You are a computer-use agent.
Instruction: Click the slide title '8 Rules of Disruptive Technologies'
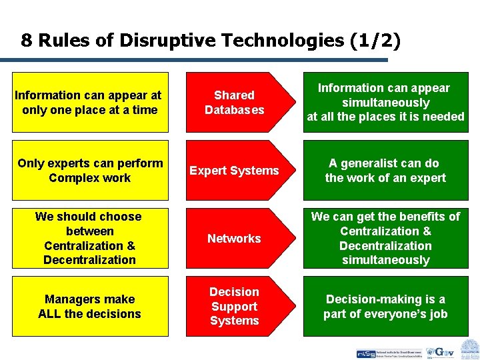tap(211, 41)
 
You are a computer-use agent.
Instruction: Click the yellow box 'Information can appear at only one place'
tap(90, 102)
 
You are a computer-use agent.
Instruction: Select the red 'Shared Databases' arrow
tap(235, 102)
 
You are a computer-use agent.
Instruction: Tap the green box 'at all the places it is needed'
tap(385, 102)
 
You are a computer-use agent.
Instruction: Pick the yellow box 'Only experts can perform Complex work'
tap(90, 170)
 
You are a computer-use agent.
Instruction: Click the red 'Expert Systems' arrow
tap(235, 170)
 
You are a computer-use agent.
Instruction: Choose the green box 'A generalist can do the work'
tap(385, 170)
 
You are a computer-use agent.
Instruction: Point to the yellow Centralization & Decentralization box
tap(90, 238)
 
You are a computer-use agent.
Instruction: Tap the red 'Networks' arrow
tap(235, 238)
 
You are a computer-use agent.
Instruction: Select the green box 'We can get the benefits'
tap(385, 238)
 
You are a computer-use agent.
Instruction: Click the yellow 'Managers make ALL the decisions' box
tap(90, 306)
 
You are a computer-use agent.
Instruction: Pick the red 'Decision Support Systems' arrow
tap(235, 306)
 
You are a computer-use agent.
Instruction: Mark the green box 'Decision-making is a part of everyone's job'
tap(385, 306)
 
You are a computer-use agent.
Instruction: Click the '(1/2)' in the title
tap(375, 41)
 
